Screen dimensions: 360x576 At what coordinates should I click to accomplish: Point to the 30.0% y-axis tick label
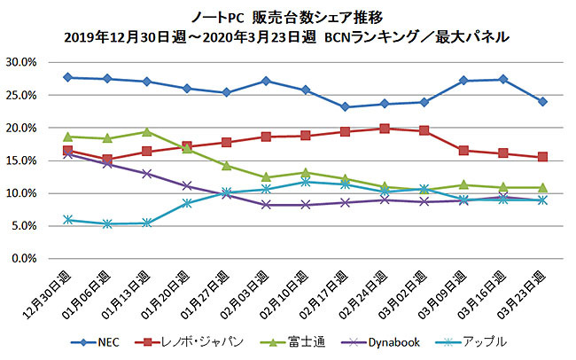[x=20, y=63]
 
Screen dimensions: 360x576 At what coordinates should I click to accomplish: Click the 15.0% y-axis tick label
[x=20, y=160]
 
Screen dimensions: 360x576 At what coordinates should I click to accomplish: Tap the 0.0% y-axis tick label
[x=23, y=259]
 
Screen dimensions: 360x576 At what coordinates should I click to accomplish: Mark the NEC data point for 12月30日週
[x=69, y=77]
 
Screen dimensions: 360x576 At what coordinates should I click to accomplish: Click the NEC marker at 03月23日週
[x=542, y=101]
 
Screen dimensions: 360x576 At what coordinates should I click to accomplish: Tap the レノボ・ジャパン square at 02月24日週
[x=384, y=129]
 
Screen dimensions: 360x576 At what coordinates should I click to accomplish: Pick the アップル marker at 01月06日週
[x=108, y=223]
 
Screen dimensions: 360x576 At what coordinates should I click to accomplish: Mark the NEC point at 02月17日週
[x=345, y=107]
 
